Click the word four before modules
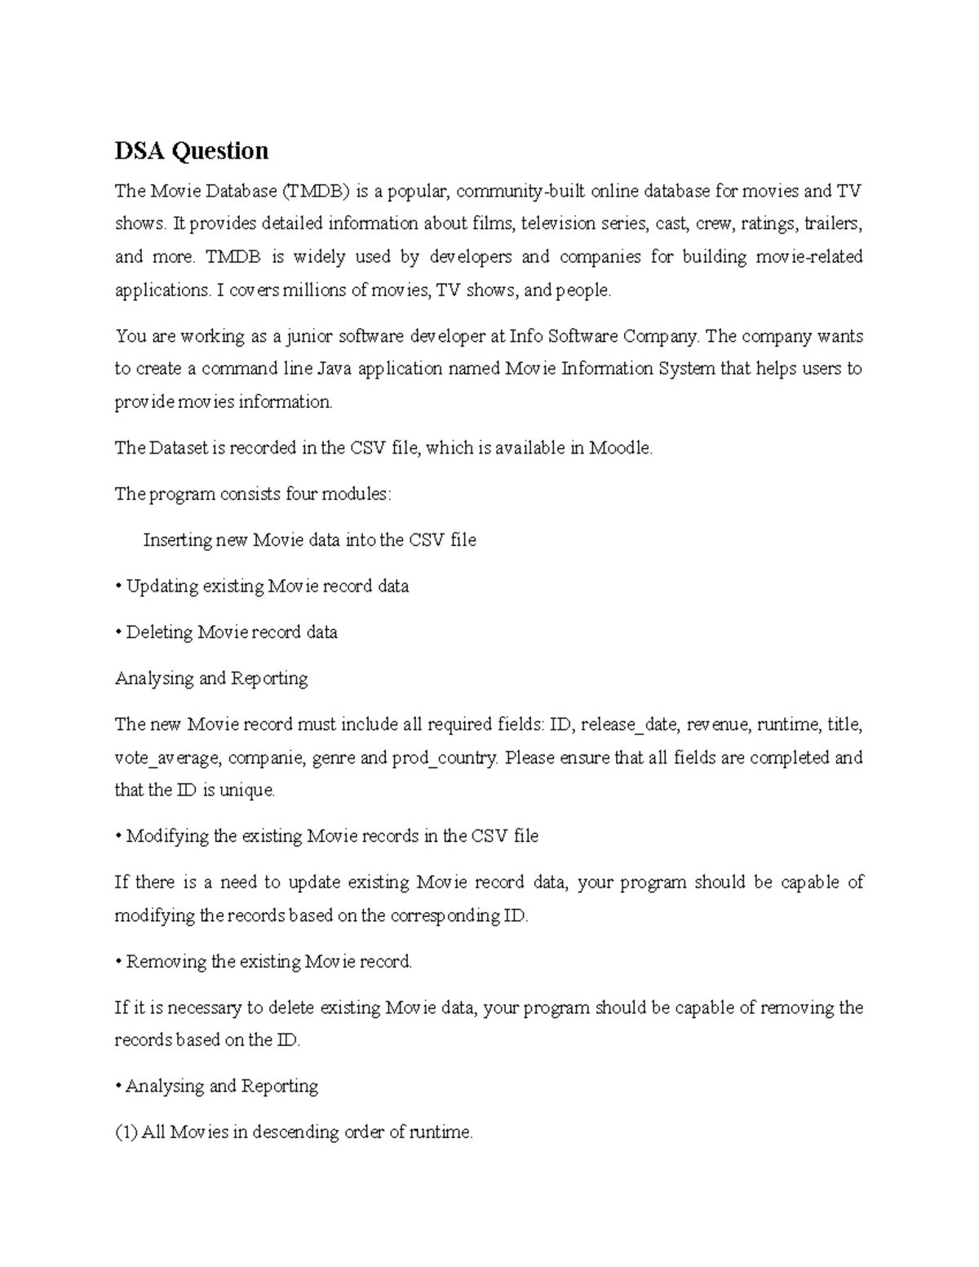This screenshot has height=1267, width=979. click(x=300, y=494)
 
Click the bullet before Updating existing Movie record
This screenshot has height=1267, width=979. click(x=118, y=587)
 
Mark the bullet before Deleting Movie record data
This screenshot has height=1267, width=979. click(x=118, y=632)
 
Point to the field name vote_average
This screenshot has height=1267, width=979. click(x=166, y=758)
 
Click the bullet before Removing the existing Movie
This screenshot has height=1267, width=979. click(x=118, y=962)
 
